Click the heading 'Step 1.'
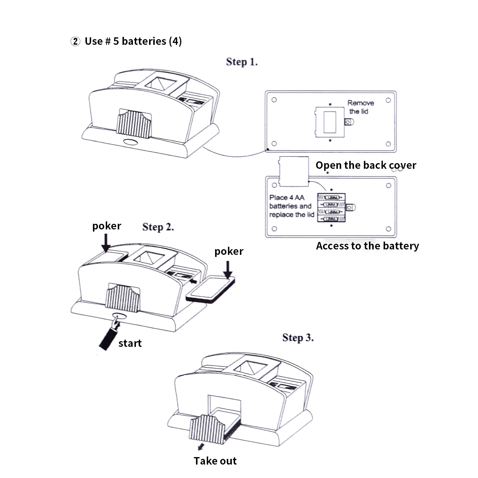point(242,62)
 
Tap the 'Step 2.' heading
point(158,227)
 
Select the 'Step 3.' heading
point(298,338)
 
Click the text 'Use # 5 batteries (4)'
point(133,41)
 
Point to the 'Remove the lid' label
point(360,107)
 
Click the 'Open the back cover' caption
point(366,165)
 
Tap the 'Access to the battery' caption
point(367,246)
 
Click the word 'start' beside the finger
point(130,343)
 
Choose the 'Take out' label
point(215,461)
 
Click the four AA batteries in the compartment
point(331,208)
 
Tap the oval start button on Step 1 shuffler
point(131,142)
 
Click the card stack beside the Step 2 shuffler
point(210,289)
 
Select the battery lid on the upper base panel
point(330,122)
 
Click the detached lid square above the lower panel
point(294,171)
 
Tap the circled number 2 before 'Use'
point(75,41)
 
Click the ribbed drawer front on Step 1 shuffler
point(134,124)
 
